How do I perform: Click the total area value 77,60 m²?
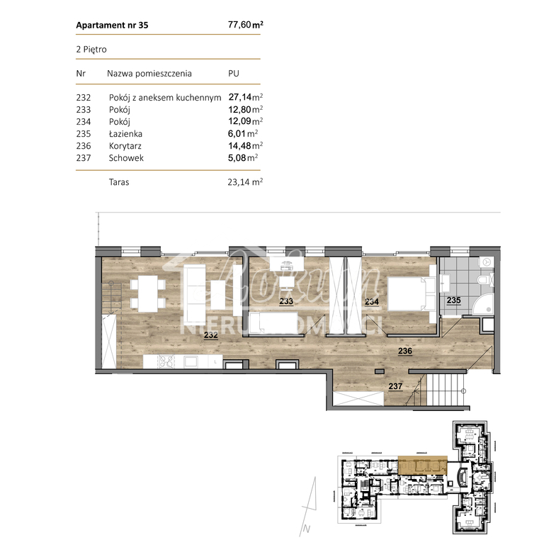click(x=245, y=25)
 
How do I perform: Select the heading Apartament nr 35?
click(x=112, y=26)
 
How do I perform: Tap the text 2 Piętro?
click(x=91, y=50)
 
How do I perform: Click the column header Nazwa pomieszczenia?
click(x=149, y=74)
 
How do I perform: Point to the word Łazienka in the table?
click(x=126, y=133)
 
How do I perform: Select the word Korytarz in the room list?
click(x=126, y=146)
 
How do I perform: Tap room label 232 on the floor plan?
click(x=210, y=336)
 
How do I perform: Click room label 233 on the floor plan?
click(x=286, y=301)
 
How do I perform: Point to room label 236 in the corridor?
click(x=405, y=350)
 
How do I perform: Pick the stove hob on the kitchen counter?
click(x=165, y=361)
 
